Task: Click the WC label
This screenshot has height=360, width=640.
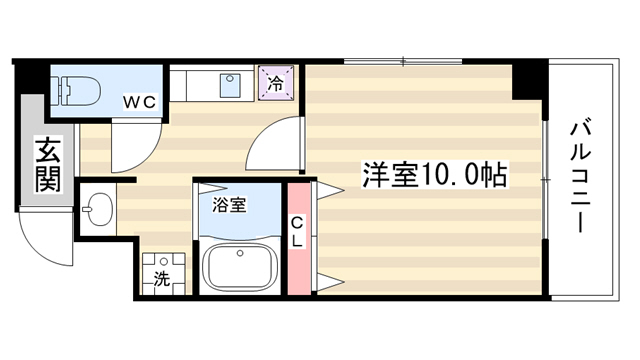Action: pyautogui.click(x=140, y=102)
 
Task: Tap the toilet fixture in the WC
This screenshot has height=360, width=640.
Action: pyautogui.click(x=77, y=91)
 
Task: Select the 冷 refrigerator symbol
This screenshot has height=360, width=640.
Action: pyautogui.click(x=276, y=83)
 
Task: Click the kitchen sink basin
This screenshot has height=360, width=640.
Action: pyautogui.click(x=230, y=85)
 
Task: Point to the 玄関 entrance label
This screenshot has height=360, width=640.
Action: pyautogui.click(x=48, y=164)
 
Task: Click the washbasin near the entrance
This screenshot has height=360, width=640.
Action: pyautogui.click(x=98, y=209)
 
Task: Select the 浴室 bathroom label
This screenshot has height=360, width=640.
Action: pyautogui.click(x=229, y=205)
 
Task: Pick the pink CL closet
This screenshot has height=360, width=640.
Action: pyautogui.click(x=299, y=239)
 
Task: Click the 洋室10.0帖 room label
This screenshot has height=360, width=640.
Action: pyautogui.click(x=435, y=175)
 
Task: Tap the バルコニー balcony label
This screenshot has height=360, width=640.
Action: pyautogui.click(x=580, y=177)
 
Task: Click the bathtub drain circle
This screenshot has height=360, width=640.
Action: pyautogui.click(x=240, y=253)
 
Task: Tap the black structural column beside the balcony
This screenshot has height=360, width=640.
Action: pyautogui.click(x=530, y=80)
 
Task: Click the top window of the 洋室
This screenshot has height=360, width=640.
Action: pyautogui.click(x=403, y=62)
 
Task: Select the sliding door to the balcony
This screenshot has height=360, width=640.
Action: pyautogui.click(x=545, y=180)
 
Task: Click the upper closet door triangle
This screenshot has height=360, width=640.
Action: pyautogui.click(x=330, y=190)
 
